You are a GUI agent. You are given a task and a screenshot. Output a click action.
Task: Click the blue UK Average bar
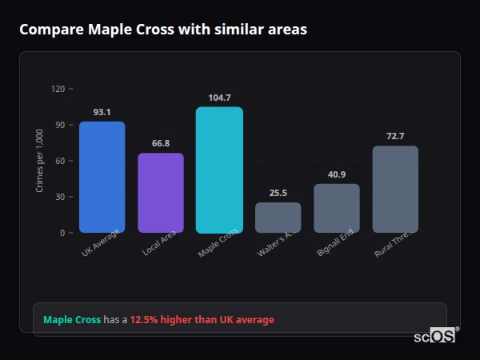(102, 177)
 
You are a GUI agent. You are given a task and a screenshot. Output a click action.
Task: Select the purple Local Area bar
(161, 193)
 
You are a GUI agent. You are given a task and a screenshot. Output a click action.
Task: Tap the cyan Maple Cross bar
(219, 170)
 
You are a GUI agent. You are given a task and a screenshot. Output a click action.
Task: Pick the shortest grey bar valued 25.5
(278, 218)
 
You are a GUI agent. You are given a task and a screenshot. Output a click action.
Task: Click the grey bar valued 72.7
(395, 189)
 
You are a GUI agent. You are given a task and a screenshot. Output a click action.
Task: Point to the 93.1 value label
(102, 112)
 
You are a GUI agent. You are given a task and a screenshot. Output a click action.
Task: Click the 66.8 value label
(161, 144)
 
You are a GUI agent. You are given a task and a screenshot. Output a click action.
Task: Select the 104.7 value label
(219, 98)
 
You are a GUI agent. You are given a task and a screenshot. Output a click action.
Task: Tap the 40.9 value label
(337, 174)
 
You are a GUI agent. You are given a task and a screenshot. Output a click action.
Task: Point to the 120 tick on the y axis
(57, 89)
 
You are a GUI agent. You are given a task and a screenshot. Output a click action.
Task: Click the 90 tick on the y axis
(59, 125)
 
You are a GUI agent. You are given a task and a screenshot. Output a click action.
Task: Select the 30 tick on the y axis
(59, 197)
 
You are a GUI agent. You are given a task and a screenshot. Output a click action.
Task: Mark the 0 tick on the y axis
(62, 233)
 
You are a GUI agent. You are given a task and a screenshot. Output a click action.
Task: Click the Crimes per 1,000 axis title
(40, 161)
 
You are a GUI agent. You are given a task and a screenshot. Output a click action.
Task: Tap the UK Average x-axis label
(101, 243)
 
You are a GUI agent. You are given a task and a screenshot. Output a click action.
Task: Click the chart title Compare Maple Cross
(162, 30)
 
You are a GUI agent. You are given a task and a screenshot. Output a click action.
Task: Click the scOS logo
(435, 336)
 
